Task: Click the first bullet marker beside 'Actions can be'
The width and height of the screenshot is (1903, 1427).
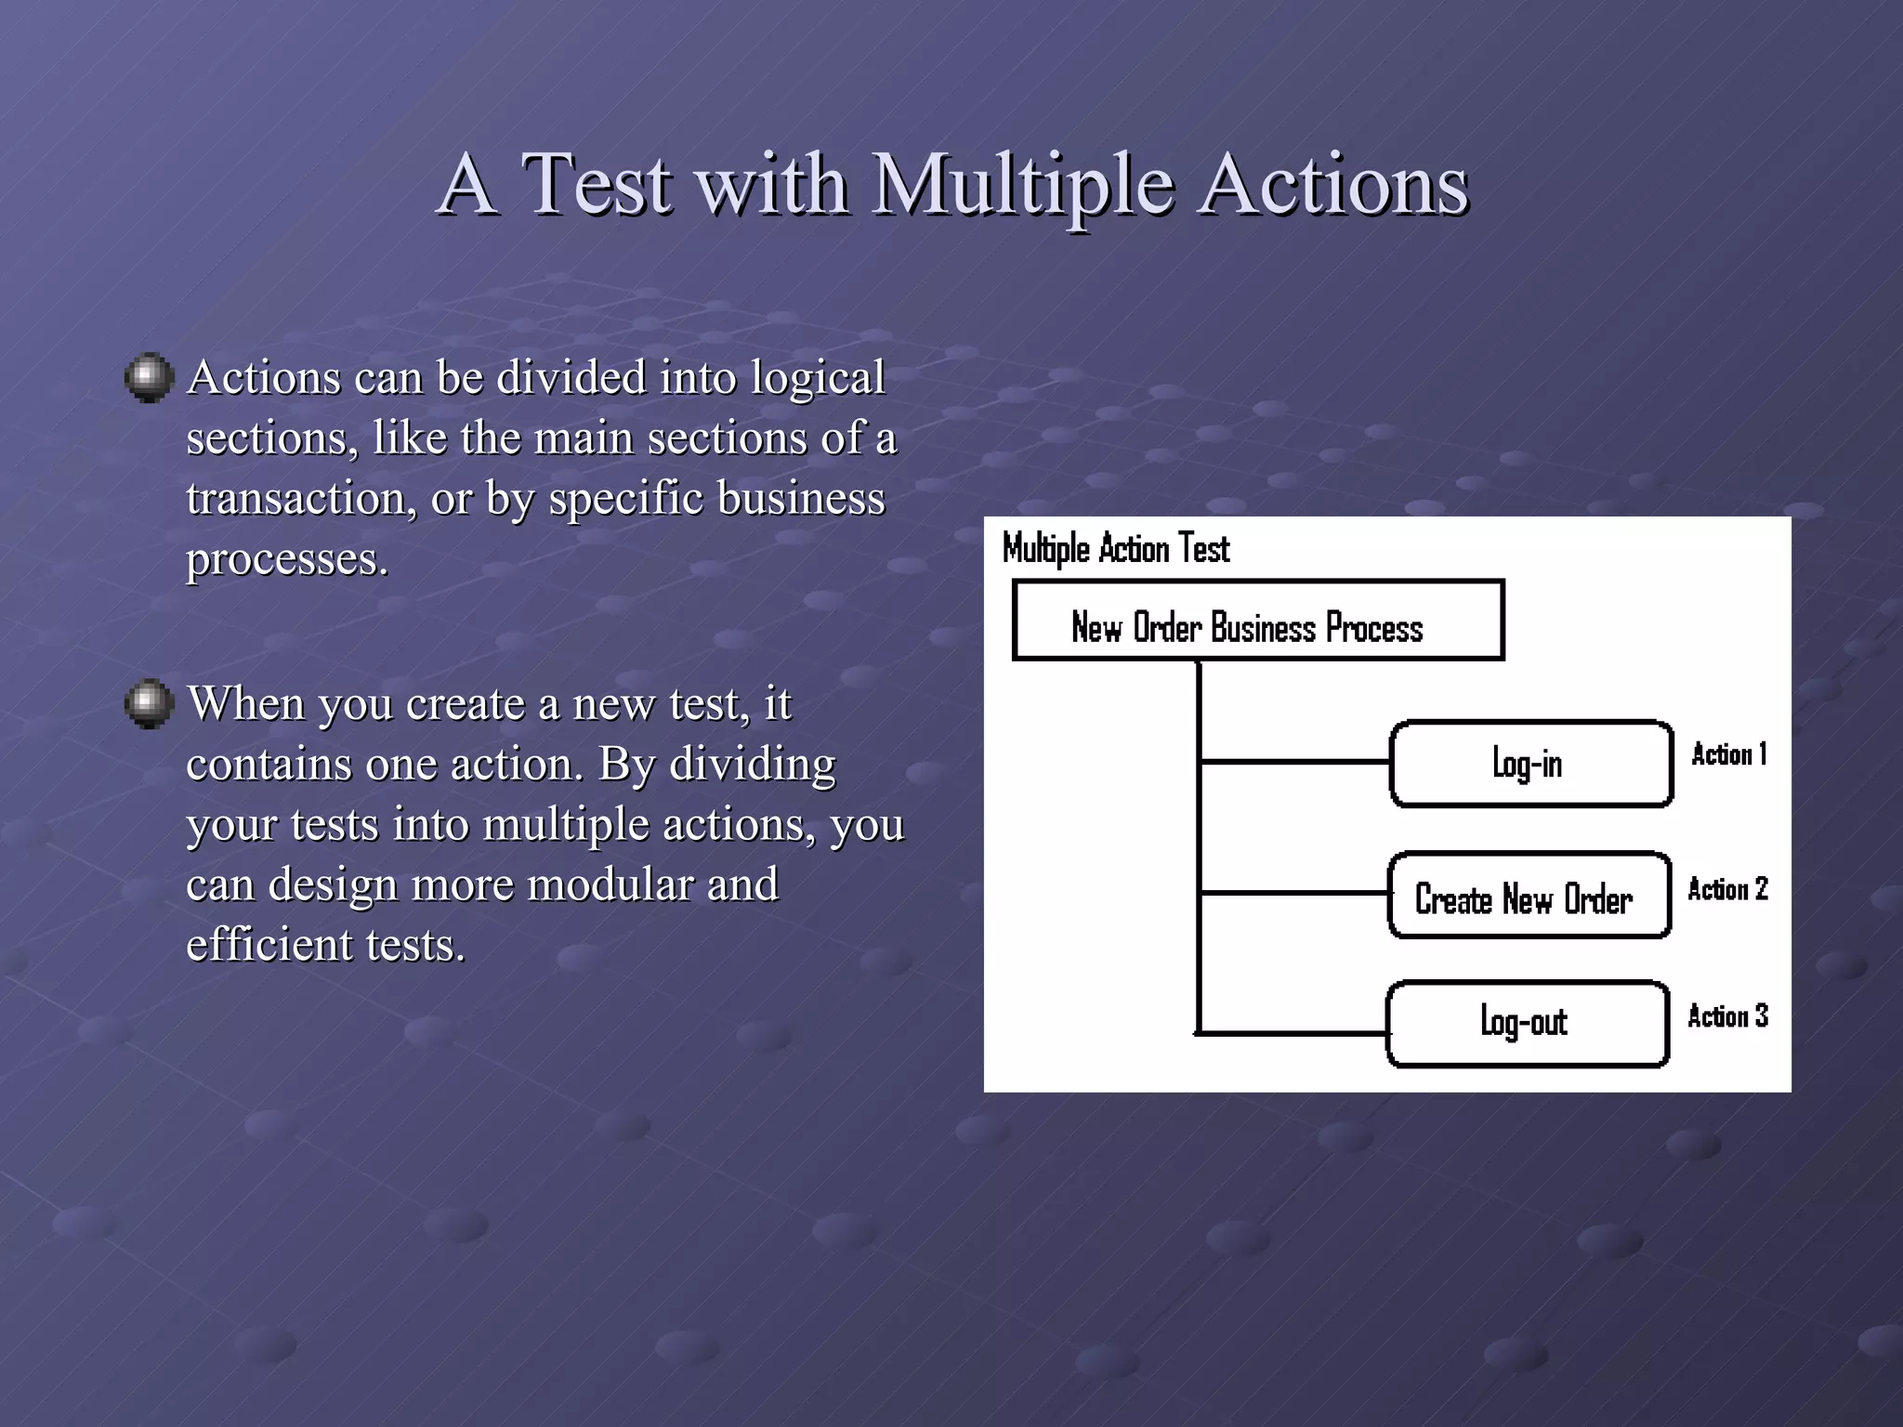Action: pos(149,378)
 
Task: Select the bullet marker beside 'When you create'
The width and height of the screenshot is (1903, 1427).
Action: pos(149,704)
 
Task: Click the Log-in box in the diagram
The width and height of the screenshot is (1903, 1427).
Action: pos(1530,764)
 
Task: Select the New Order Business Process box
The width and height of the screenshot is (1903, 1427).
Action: pos(1257,621)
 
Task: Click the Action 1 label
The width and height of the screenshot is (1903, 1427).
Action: pos(1728,754)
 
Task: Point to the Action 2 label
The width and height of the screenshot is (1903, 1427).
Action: pos(1727,889)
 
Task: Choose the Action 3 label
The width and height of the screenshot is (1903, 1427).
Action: pos(1727,1016)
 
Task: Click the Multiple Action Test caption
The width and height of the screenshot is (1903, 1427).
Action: pos(1115,549)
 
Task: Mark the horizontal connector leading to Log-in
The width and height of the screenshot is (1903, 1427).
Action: pos(1294,762)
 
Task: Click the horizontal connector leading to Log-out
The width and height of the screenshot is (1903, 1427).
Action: pos(1292,1032)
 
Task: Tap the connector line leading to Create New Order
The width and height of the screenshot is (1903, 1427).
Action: pos(1293,893)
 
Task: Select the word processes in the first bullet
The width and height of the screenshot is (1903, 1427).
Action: pos(285,560)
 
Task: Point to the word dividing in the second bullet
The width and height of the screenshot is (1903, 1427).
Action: pos(753,765)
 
